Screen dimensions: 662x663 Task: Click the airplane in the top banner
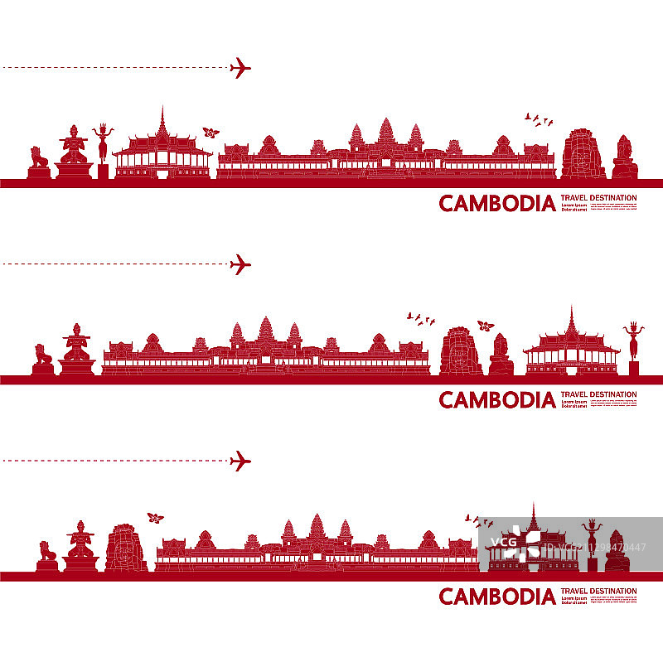tap(240, 68)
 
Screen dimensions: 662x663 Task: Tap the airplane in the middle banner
tap(240, 264)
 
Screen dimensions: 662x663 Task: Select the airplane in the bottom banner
tap(240, 461)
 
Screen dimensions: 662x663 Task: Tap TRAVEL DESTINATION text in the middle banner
tap(598, 394)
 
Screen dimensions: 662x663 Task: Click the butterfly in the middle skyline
tap(486, 326)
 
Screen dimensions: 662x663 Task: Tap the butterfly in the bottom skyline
tap(155, 518)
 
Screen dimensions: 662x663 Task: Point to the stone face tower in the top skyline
tap(583, 153)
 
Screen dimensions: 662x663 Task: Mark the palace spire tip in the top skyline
tap(162, 109)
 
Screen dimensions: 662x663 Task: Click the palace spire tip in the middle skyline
tap(570, 309)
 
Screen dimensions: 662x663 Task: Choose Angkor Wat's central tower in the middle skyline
tap(265, 330)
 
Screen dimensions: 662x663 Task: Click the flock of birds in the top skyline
tap(540, 121)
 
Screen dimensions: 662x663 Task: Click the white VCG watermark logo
tap(508, 543)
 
